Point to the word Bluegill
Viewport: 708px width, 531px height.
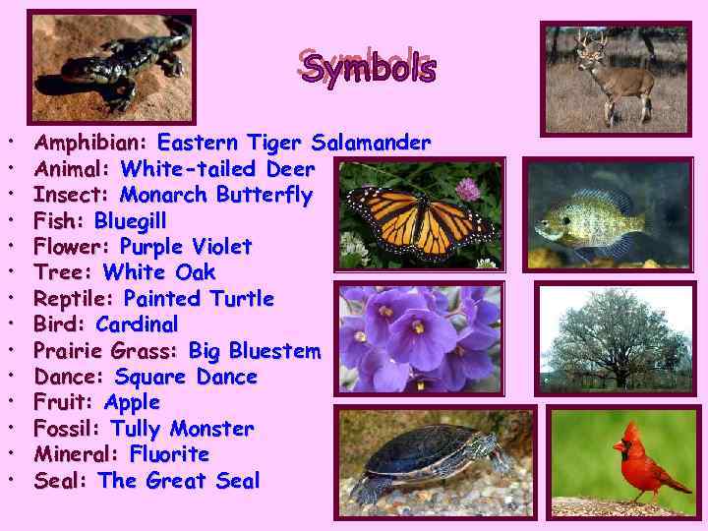pos(130,220)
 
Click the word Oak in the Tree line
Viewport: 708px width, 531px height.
pos(195,272)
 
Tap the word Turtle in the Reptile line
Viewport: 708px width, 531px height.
pos(241,298)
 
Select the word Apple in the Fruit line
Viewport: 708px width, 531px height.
pos(132,402)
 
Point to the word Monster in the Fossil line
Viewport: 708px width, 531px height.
pos(211,429)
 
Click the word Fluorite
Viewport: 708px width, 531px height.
pos(169,454)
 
